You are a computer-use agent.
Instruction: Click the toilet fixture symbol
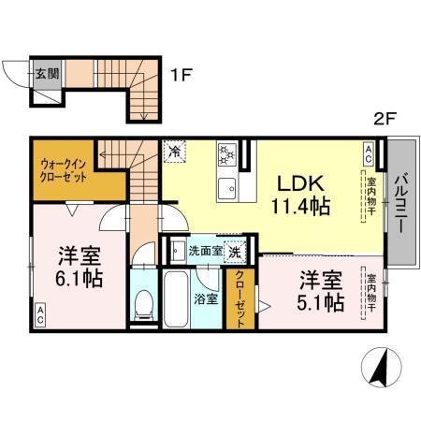(144, 301)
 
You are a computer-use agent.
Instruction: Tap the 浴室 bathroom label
(205, 299)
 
